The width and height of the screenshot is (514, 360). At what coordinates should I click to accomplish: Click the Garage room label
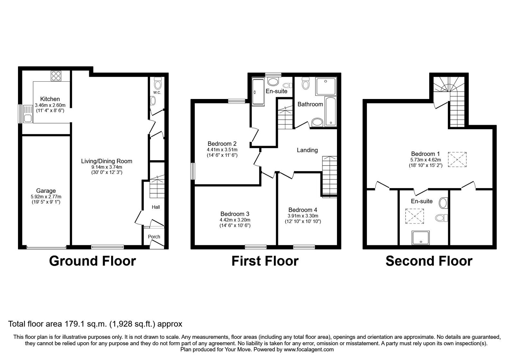point(46,191)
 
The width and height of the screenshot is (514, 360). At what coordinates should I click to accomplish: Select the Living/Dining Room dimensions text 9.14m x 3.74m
point(106,167)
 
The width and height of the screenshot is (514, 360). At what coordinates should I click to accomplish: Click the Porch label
point(154,237)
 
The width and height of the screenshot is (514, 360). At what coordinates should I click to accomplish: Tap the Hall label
point(156,207)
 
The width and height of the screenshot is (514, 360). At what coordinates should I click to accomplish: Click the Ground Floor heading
point(92,261)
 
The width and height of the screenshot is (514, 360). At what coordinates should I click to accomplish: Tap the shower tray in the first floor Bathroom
point(326,86)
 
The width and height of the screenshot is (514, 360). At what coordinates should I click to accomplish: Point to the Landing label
point(307,150)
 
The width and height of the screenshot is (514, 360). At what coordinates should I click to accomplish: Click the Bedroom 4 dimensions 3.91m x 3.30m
point(303,216)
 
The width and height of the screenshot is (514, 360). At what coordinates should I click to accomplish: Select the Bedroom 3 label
point(235,214)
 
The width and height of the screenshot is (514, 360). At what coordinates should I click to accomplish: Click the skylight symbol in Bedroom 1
point(457,159)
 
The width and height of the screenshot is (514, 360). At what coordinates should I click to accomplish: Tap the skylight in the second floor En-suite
point(414,216)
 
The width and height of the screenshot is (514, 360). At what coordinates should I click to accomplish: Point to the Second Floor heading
point(429,261)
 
